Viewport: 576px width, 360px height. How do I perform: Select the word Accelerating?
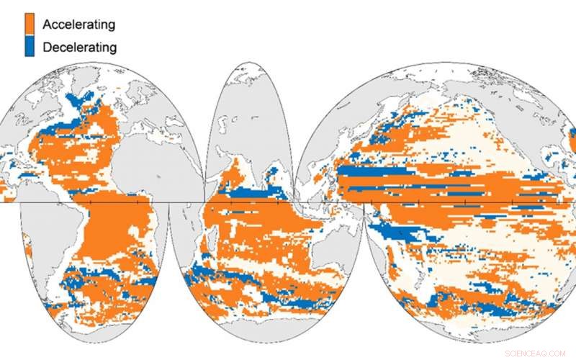click(78, 24)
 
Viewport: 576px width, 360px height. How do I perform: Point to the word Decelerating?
click(79, 48)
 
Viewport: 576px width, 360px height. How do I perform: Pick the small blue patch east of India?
click(274, 173)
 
